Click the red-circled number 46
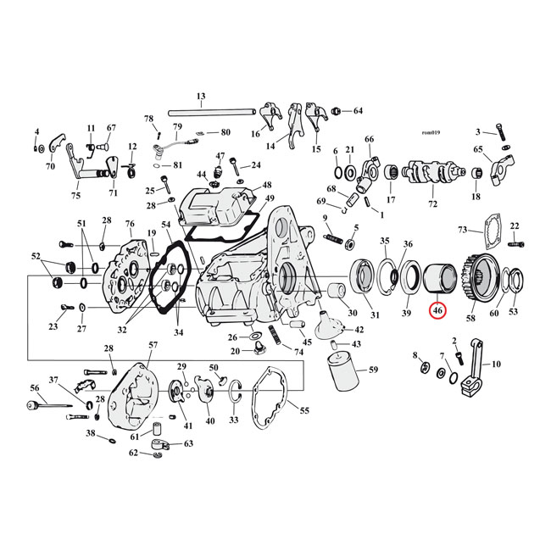coord(437,311)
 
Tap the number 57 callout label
coord(153,345)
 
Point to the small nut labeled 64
coord(337,111)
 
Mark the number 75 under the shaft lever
coord(75,195)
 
